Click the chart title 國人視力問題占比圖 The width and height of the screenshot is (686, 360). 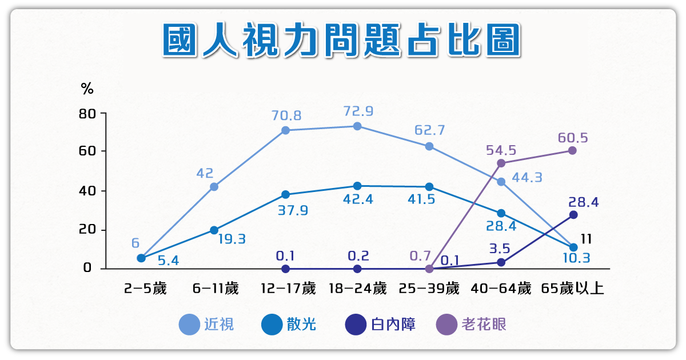click(342, 41)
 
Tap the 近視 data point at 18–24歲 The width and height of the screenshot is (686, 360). click(357, 126)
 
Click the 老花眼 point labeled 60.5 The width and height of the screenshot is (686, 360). click(572, 150)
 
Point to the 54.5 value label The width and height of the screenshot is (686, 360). click(501, 150)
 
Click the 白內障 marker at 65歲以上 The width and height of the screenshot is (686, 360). click(573, 215)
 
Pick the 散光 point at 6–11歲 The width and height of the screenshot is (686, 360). click(214, 230)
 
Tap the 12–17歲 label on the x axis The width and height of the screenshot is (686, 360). click(288, 289)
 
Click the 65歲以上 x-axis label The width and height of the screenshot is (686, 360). click(572, 289)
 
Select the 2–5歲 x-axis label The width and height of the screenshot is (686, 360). click(145, 289)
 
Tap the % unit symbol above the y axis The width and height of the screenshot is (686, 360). click(87, 89)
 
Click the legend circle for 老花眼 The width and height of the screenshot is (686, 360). click(446, 325)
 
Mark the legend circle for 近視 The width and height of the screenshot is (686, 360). click(189, 325)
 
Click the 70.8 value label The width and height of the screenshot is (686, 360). click(286, 115)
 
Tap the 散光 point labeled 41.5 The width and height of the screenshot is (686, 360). click(429, 187)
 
